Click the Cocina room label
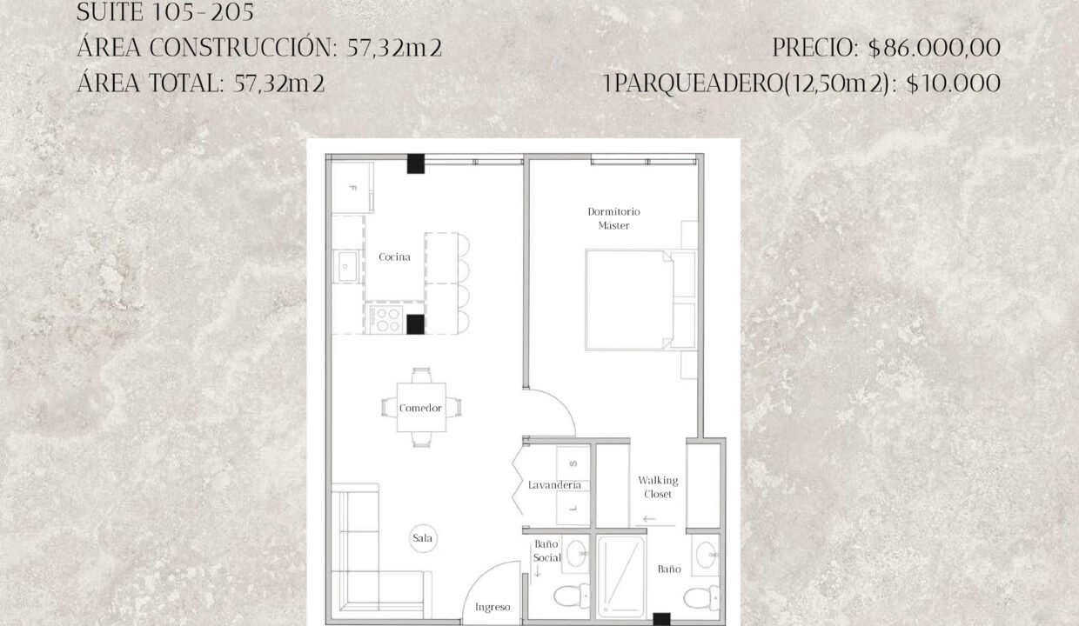394,257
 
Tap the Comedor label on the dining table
420,408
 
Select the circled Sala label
422,538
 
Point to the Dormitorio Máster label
613,218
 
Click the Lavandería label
554,485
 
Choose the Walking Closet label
658,487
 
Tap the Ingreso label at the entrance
493,607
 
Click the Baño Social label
546,551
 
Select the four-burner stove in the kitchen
384,319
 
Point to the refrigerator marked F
352,188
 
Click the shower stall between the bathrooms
620,577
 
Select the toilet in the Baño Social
572,596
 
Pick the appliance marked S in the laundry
573,463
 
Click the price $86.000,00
935,48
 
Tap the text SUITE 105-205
165,12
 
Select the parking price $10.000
954,83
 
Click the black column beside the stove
415,324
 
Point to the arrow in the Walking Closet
649,519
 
